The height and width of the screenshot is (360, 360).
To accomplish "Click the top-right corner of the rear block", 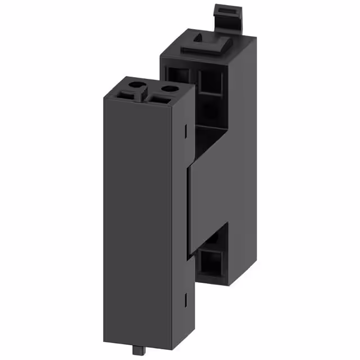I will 256,38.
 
